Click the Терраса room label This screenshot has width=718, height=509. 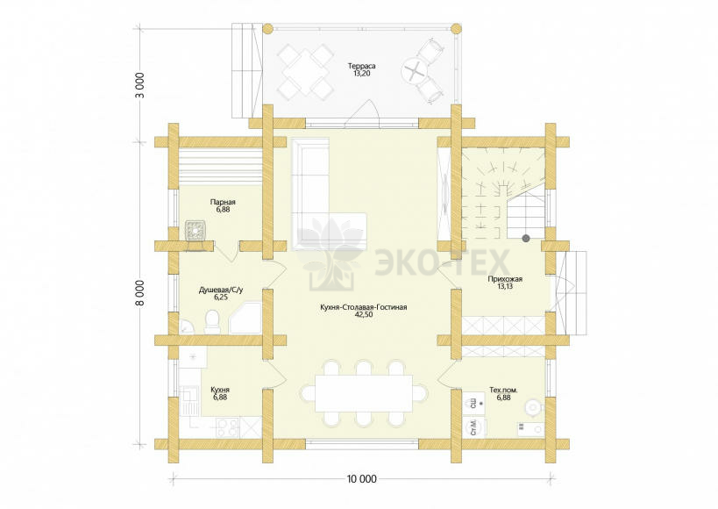[361, 66]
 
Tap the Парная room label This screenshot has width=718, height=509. [223, 202]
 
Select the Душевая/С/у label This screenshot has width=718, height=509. [221, 290]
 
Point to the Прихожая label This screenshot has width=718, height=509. [505, 279]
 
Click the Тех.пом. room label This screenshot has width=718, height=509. [504, 391]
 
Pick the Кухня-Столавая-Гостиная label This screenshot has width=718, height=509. [364, 307]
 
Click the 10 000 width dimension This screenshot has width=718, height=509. [362, 479]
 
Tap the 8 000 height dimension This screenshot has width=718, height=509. [140, 292]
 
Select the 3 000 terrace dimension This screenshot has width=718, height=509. [140, 85]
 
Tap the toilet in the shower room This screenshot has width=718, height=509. [212, 321]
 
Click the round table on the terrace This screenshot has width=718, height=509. [415, 72]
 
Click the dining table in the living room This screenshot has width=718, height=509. [364, 393]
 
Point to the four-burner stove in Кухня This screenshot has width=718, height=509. [227, 428]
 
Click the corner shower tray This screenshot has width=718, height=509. [245, 318]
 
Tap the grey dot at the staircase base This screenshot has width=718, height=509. [526, 238]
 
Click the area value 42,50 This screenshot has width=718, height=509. [364, 314]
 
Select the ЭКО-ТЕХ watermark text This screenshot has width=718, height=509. [442, 262]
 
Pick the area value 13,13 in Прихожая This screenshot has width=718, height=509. [505, 286]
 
